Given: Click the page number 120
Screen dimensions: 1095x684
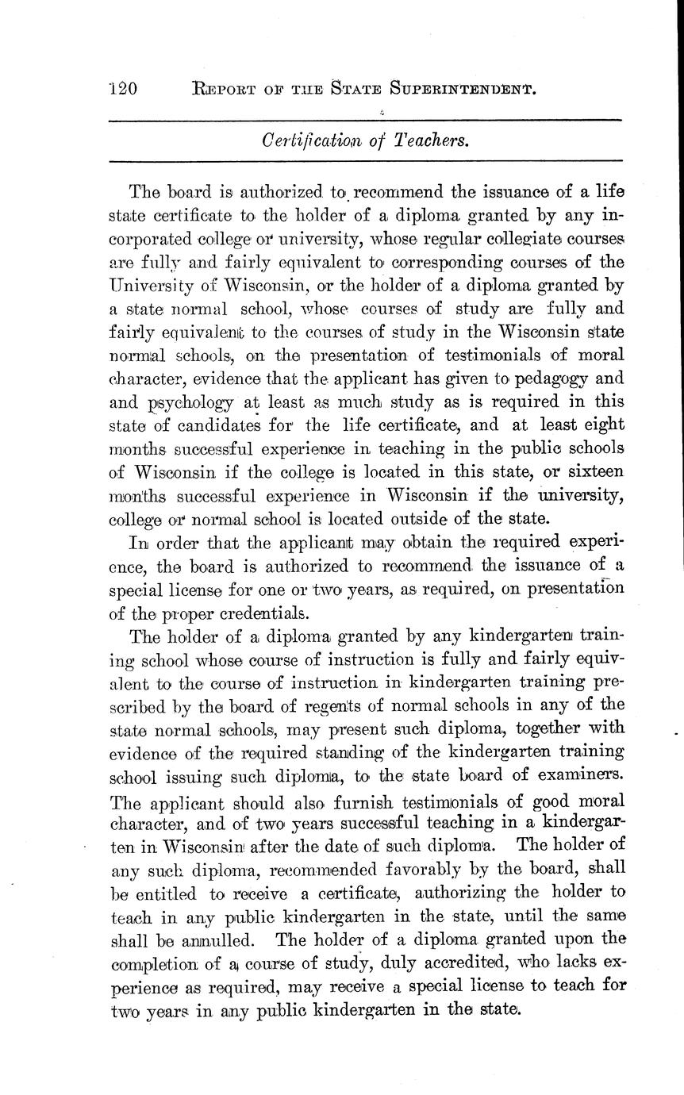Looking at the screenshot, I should pyautogui.click(x=122, y=89).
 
